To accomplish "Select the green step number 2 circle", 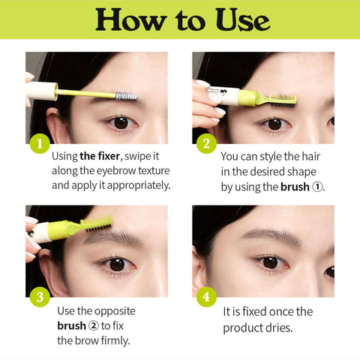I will (205, 144).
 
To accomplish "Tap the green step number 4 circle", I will (205, 297).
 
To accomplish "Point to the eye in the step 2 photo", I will (274, 122).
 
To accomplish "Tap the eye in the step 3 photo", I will (116, 263).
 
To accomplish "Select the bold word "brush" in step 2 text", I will (294, 187).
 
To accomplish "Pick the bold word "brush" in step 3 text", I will (72, 325).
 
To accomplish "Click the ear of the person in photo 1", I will (54, 120).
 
